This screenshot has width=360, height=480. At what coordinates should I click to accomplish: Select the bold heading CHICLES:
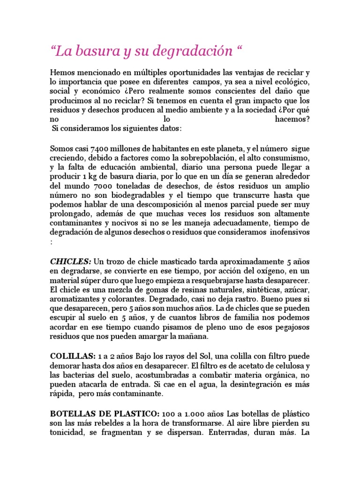tap(71, 261)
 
